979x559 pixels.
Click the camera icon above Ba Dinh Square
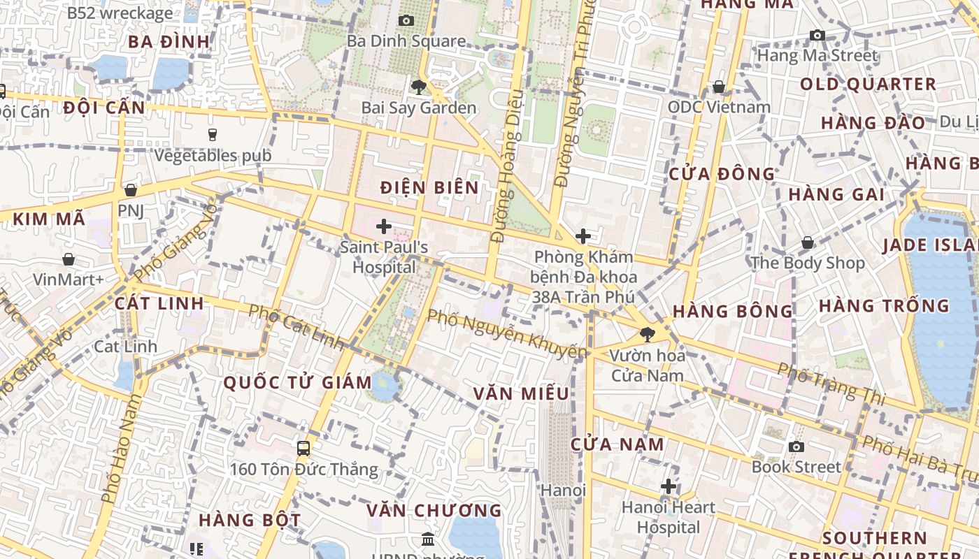(406, 21)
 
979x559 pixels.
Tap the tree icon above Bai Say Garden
(419, 87)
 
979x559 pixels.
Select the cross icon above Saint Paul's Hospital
(384, 226)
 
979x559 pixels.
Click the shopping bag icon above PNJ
(130, 190)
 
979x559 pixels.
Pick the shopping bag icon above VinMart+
(69, 259)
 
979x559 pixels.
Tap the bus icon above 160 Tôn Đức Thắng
(303, 449)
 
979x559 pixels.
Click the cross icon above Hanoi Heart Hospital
(669, 486)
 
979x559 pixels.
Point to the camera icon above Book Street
(796, 447)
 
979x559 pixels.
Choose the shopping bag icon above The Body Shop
(808, 242)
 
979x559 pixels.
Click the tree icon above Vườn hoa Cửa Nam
(648, 334)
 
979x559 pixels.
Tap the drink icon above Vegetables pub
(213, 134)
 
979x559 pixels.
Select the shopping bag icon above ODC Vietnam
(718, 87)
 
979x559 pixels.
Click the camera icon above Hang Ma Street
(817, 35)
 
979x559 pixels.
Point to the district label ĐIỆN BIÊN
(430, 187)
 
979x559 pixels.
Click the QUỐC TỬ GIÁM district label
(297, 382)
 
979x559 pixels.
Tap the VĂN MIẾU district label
(521, 393)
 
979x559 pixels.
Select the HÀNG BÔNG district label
(733, 311)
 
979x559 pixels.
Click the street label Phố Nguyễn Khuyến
(507, 335)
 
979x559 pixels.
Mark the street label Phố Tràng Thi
(832, 384)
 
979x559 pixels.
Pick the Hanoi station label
(563, 490)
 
